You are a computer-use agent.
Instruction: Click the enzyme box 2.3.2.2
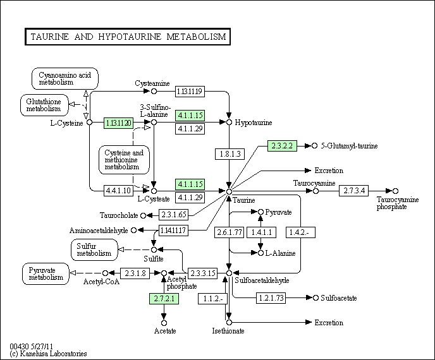pyautogui.click(x=281, y=145)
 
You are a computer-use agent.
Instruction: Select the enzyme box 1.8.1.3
pyautogui.click(x=229, y=153)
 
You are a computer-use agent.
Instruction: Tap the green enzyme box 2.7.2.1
pyautogui.click(x=164, y=298)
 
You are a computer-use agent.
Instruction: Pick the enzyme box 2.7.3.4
pyautogui.click(x=353, y=190)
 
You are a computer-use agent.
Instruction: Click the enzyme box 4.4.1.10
pyautogui.click(x=118, y=190)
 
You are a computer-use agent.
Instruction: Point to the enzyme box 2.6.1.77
pyautogui.click(x=229, y=232)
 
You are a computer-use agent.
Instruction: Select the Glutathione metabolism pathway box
pyautogui.click(x=44, y=104)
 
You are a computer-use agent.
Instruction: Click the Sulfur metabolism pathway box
pyautogui.click(x=94, y=249)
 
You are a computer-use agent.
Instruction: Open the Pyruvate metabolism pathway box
pyautogui.click(x=46, y=273)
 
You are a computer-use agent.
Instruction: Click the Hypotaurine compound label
pyautogui.click(x=254, y=122)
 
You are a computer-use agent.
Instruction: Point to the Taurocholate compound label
pyautogui.click(x=119, y=215)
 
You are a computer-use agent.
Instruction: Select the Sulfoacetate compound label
pyautogui.click(x=339, y=297)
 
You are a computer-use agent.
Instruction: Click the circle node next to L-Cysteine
pyautogui.click(x=89, y=122)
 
